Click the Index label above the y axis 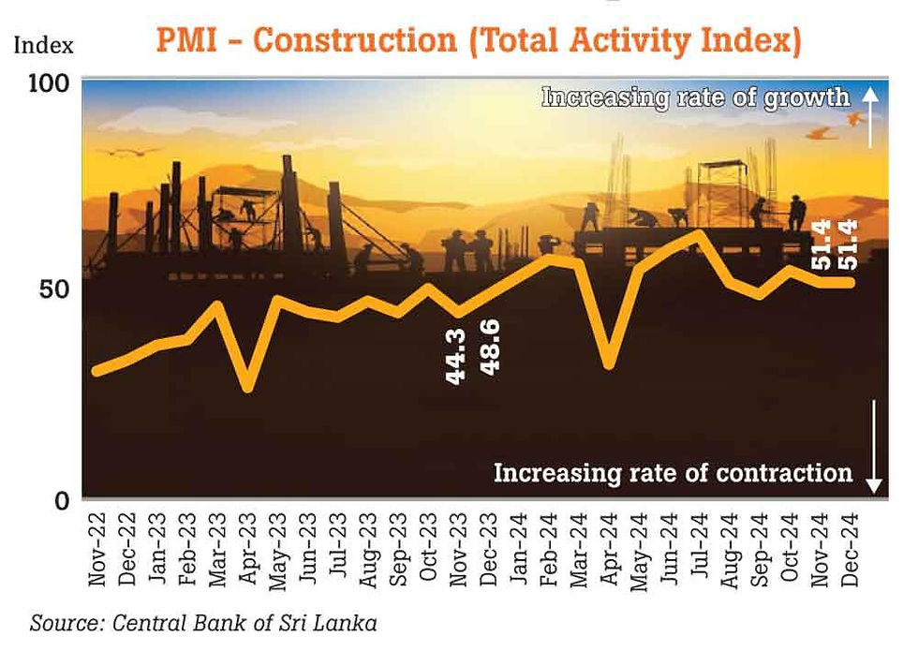[x=42, y=45]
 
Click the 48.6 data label [x=488, y=348]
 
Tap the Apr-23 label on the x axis [x=249, y=553]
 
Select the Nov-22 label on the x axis [x=96, y=553]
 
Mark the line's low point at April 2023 [x=248, y=388]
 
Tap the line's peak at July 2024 [x=699, y=233]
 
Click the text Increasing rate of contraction [x=673, y=472]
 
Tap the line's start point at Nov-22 [x=96, y=372]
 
